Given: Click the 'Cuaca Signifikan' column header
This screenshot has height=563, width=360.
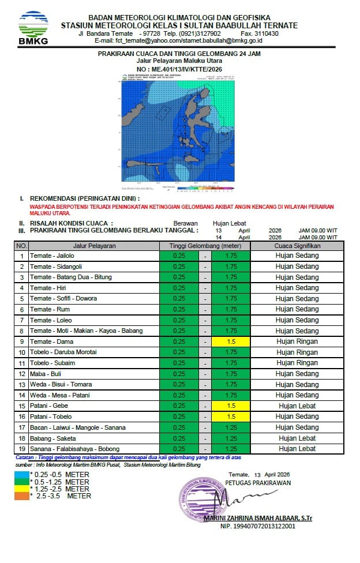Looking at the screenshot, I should click(297, 246).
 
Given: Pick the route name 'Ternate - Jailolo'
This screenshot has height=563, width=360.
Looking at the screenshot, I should click(50, 256).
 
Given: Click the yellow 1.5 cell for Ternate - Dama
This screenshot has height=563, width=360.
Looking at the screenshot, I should click(231, 341).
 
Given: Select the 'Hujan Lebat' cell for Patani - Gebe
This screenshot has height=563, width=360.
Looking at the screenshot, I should click(297, 406).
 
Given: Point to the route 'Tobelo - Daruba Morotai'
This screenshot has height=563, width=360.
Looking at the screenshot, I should click(63, 352).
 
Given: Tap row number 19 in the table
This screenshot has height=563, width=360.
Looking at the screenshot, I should click(22, 449).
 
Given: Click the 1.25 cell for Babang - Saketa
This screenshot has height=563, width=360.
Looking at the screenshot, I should click(231, 438).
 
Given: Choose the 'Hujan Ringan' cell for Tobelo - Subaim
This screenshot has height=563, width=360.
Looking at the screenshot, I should click(297, 363).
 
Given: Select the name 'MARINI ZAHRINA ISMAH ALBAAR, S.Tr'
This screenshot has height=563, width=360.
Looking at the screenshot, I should click(258, 519).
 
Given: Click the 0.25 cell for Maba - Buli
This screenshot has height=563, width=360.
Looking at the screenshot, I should click(179, 374).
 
